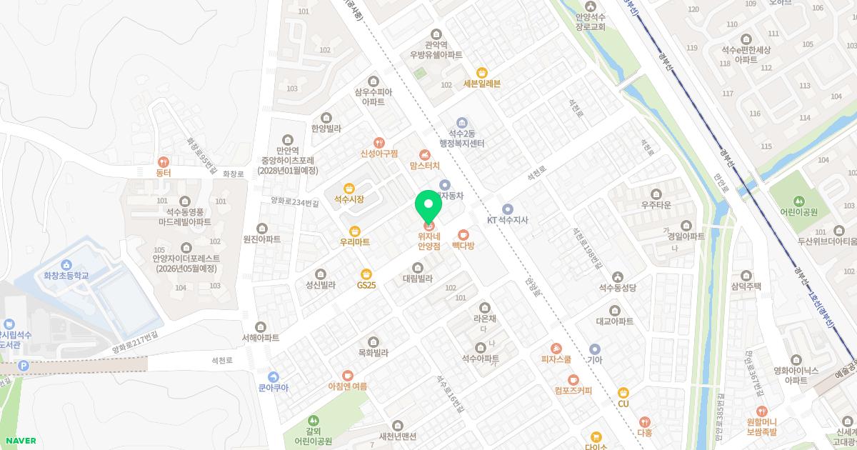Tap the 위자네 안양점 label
coord(428,241)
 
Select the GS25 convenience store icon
coord(366,274)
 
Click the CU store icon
coord(623,392)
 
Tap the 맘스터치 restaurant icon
coord(425,154)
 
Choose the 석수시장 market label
coord(349,199)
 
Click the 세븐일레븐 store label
coord(482,84)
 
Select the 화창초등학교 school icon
coord(66,264)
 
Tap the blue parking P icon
coord(24,366)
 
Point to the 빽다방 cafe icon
coord(463,234)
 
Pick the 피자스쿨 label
coord(556,359)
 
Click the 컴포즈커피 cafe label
coord(573,390)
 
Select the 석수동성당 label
coord(617,288)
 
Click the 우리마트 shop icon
coord(355,231)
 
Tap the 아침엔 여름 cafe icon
coord(347,375)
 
